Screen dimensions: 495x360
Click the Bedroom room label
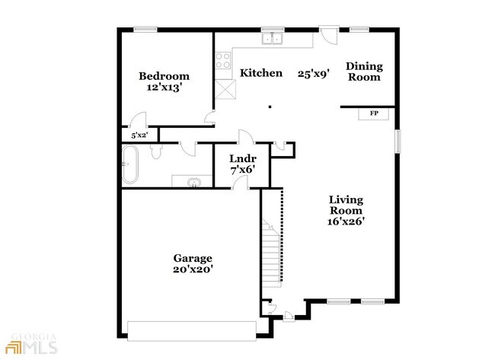(164, 76)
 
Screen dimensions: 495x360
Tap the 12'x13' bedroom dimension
(164, 88)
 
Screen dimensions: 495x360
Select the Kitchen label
(261, 73)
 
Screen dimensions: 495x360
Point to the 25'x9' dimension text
(314, 74)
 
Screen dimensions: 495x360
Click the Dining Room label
(364, 72)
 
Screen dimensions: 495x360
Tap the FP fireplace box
(374, 113)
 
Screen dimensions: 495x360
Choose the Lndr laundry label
(243, 158)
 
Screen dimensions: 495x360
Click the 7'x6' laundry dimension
(242, 170)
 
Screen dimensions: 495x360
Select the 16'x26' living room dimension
(346, 221)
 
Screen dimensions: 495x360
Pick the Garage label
(193, 259)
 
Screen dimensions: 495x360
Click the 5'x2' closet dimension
(139, 135)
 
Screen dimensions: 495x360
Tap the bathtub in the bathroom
(130, 164)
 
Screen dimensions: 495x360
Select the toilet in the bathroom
(156, 151)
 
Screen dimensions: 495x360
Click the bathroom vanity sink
(194, 183)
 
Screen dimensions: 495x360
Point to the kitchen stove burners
(222, 60)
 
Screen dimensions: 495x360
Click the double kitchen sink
(272, 39)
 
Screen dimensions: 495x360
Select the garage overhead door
(192, 331)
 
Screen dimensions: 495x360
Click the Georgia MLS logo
(34, 343)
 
